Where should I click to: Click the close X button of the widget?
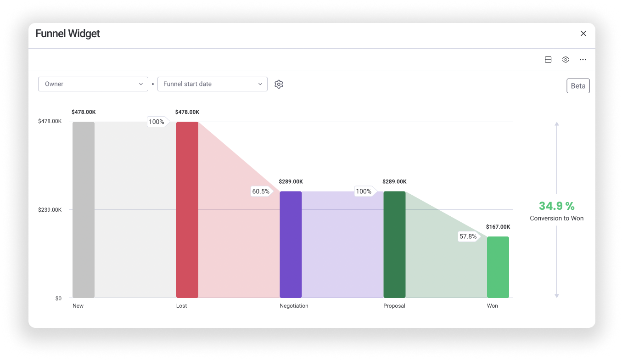point(583,34)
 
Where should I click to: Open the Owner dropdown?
point(93,84)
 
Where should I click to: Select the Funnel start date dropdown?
point(212,84)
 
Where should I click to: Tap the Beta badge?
point(578,86)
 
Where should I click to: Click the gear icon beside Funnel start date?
point(279,84)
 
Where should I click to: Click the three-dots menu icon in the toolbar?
point(583,60)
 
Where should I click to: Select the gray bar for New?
point(84,210)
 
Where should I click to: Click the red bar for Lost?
point(187,210)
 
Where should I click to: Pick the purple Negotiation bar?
point(291,244)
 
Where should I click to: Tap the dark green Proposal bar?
point(394,244)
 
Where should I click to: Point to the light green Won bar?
point(498,267)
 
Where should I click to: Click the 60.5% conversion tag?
point(261,191)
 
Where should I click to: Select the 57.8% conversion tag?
point(468,236)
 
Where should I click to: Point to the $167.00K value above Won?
point(498,227)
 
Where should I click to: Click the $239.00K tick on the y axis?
point(50,210)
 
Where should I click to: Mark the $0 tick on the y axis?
point(58,298)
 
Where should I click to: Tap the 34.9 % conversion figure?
point(556,206)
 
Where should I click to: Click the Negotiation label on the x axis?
point(294,306)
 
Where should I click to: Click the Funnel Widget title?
point(68,34)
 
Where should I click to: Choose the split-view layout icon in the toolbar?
point(548,60)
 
